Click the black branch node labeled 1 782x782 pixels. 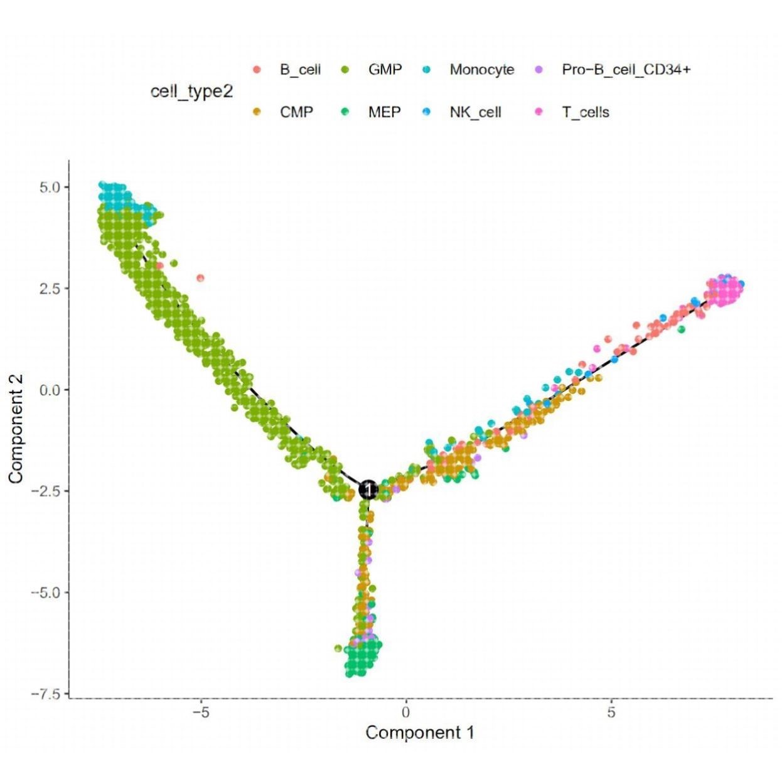(x=368, y=489)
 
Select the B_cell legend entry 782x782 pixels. (x=299, y=69)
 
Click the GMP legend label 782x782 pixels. (x=385, y=69)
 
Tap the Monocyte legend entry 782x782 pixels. (x=481, y=69)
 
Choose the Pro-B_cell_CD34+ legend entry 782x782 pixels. (x=626, y=69)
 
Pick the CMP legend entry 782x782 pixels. (x=296, y=112)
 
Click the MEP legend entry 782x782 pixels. (x=384, y=112)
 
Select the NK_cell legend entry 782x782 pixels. (x=475, y=112)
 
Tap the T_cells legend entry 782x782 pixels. (x=585, y=112)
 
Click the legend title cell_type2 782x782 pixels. (x=191, y=92)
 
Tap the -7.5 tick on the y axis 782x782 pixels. (x=46, y=694)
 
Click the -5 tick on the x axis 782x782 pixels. (x=201, y=713)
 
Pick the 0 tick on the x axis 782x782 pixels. (x=406, y=713)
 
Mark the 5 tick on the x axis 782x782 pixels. (x=611, y=713)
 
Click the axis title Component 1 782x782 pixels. (x=420, y=732)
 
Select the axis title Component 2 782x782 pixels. (x=16, y=429)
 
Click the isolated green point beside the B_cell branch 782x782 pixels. (x=682, y=329)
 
